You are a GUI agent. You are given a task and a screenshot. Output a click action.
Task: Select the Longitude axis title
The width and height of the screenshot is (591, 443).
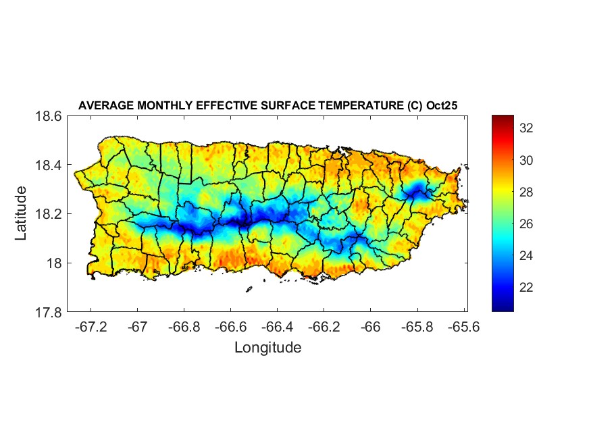[267, 348]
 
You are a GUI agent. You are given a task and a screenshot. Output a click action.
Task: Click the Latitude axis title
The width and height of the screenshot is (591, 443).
[21, 213]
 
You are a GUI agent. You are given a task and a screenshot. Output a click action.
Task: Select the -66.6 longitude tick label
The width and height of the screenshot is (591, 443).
[230, 326]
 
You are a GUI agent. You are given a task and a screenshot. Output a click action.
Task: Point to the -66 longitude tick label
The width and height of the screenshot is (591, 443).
[370, 326]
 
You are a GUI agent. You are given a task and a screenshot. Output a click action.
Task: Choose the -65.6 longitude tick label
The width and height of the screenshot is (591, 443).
[463, 326]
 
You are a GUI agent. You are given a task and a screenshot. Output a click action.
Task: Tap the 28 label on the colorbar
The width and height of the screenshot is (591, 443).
[527, 192]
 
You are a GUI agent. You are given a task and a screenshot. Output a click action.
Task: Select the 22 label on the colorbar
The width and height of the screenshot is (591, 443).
[527, 288]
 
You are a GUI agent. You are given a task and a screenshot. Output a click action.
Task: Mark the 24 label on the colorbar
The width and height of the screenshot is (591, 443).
[527, 256]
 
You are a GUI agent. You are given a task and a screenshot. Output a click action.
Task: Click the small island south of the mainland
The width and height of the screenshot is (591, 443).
[249, 289]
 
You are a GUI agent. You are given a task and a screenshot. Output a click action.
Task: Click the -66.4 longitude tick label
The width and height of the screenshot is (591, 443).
[277, 326]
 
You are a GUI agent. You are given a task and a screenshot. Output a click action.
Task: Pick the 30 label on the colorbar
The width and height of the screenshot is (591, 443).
[527, 161]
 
